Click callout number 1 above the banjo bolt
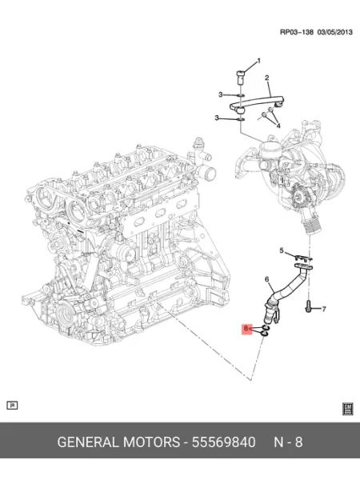[x=259, y=61]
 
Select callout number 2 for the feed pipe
[x=267, y=78]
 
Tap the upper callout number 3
[x=221, y=94]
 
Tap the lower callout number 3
[x=217, y=118]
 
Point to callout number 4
[x=278, y=126]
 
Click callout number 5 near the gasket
[x=282, y=250]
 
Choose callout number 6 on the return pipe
[x=267, y=279]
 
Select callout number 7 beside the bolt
[x=324, y=309]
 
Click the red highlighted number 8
[x=246, y=329]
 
